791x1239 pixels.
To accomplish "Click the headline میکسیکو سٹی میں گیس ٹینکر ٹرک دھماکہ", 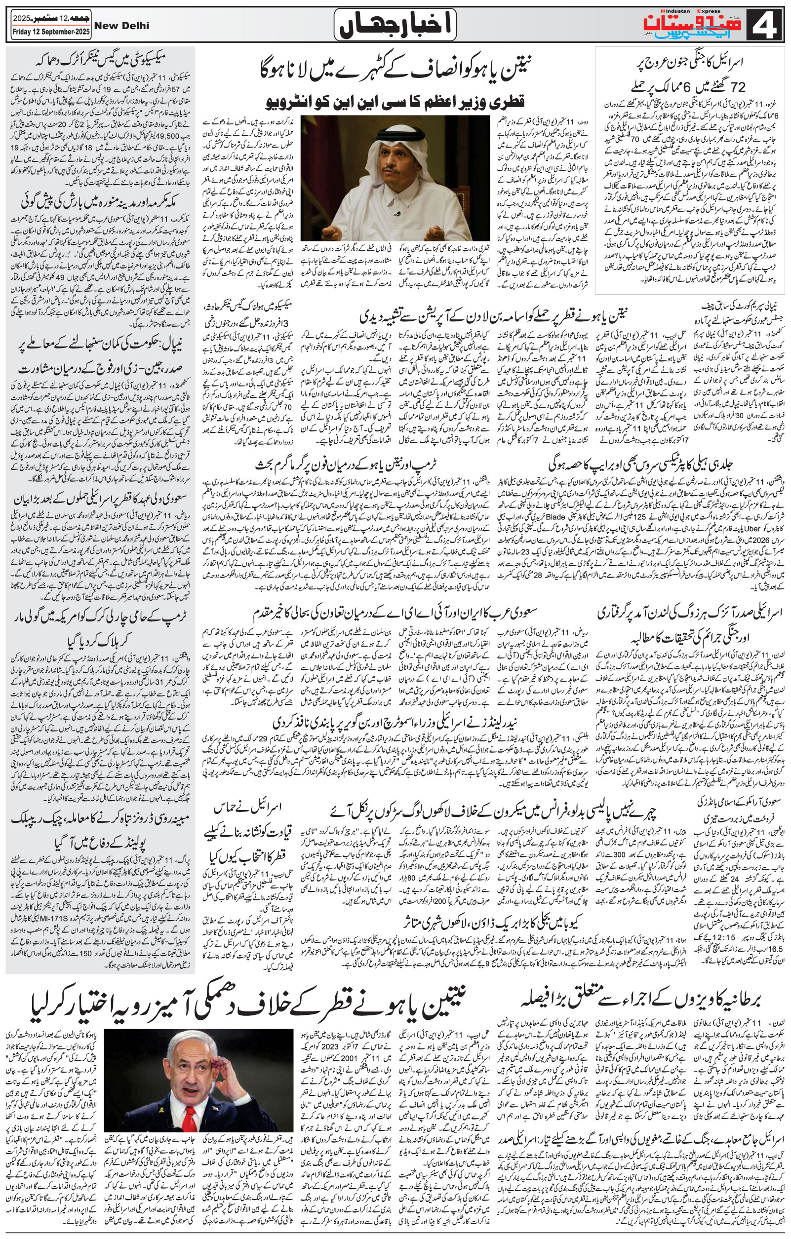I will (x=101, y=58).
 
